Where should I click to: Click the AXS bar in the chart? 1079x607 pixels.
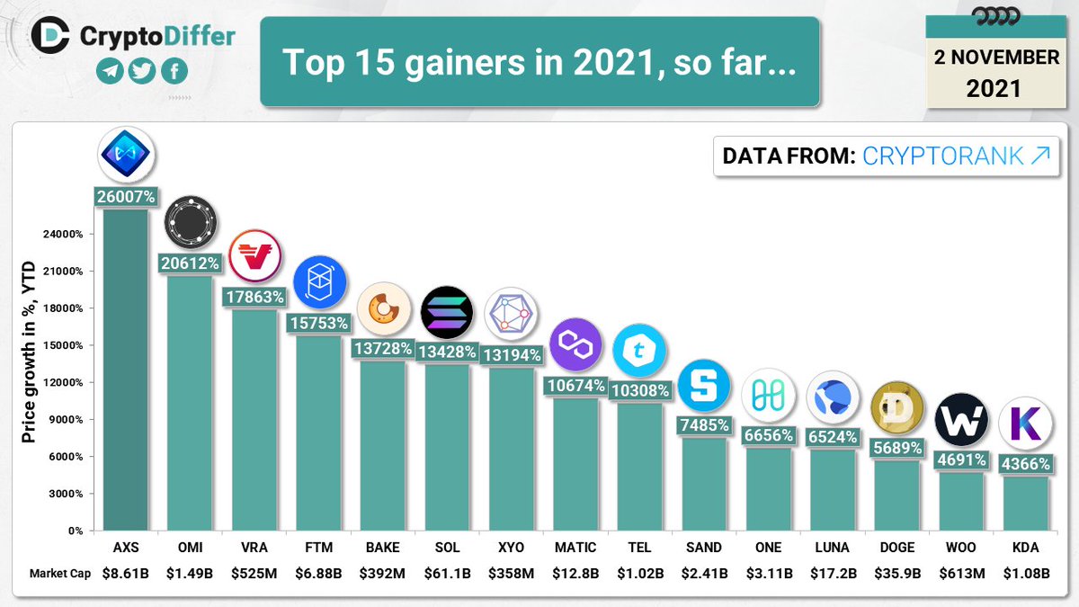[x=126, y=369]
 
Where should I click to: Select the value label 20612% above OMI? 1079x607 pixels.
[x=190, y=263]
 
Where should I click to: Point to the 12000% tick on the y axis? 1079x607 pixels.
[x=64, y=382]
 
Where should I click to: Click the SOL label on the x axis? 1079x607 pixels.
[x=447, y=547]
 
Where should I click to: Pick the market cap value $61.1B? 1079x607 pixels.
[x=447, y=573]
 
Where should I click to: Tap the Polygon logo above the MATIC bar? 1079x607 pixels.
[x=575, y=345]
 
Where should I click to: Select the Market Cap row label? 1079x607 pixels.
[x=59, y=574]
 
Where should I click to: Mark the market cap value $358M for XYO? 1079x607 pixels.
[x=511, y=573]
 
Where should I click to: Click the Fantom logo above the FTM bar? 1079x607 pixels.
[x=319, y=282]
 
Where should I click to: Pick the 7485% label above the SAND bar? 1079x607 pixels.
[x=703, y=425]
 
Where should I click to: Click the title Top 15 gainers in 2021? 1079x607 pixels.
[x=539, y=62]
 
